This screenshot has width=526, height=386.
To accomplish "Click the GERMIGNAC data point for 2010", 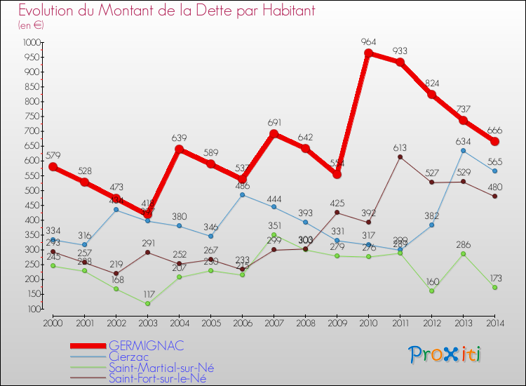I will [x=368, y=53].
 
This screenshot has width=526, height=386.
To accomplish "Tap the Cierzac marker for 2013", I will [x=464, y=151].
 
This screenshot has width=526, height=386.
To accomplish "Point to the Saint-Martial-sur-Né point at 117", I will [x=147, y=304].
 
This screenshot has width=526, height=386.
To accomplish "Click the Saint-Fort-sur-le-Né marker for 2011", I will [x=400, y=157].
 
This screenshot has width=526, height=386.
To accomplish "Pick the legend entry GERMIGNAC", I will [x=146, y=345].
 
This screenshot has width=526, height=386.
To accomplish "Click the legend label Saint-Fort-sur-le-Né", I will [x=158, y=379].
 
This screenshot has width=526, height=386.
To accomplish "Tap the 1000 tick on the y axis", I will [x=32, y=43].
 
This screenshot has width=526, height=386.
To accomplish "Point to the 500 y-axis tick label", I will [x=33, y=191].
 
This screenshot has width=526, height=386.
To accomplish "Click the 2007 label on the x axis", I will [x=274, y=323].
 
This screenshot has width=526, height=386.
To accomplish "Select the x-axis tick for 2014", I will [x=495, y=323].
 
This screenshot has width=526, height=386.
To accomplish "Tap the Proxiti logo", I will [x=445, y=354].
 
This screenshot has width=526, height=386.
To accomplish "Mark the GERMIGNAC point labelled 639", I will [x=179, y=149].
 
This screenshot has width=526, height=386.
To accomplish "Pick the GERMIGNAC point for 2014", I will [x=495, y=141].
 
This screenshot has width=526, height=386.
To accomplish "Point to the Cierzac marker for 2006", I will [x=242, y=194].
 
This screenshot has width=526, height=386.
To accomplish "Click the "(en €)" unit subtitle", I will [x=32, y=25].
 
